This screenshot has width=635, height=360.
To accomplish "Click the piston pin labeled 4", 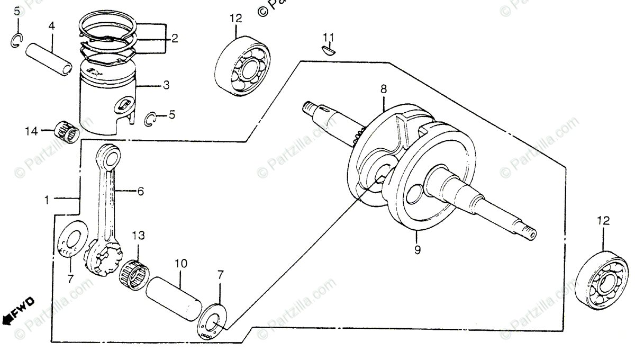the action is pos(51,53).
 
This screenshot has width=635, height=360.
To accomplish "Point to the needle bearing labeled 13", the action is pos(134,272).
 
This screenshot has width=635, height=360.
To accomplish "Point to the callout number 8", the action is pos(384,91).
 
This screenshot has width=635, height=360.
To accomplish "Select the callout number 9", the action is pos(418,249).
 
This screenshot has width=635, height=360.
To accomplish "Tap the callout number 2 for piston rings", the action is pos(174,38).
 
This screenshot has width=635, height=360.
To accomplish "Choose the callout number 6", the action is pos(141,192).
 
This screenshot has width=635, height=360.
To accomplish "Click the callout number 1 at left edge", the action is pos(48,200).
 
